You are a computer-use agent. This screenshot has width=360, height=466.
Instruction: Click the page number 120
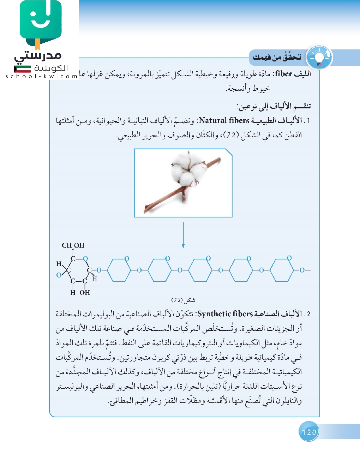pos(309,432)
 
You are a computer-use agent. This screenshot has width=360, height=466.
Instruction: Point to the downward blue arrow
pos(183,235)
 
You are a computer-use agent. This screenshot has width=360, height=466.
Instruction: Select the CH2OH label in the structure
pos(73,245)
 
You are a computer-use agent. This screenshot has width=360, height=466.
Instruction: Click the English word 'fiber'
pos(283,74)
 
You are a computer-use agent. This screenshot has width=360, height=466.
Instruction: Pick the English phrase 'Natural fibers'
pos(224,120)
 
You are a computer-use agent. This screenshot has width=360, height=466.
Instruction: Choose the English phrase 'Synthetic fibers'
pos(225,314)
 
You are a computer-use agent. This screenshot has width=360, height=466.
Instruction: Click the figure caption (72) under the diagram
pos(183,300)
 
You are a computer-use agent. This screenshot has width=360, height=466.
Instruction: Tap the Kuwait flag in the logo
pos(22,68)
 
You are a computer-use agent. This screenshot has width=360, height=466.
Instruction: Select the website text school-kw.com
pos(41,76)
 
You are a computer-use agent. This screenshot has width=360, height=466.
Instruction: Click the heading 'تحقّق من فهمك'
pos(277,57)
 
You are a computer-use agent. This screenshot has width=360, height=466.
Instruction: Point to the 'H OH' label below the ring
pos(80,293)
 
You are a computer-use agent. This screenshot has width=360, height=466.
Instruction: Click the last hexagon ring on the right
pos(282,270)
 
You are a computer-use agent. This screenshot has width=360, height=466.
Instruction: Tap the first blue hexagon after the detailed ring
pos(119,270)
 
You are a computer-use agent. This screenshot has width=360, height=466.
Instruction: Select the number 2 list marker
pos(308,314)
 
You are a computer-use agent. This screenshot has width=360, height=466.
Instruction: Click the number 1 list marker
pos(308,121)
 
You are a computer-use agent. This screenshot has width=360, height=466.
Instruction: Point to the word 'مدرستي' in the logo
pos(38,56)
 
